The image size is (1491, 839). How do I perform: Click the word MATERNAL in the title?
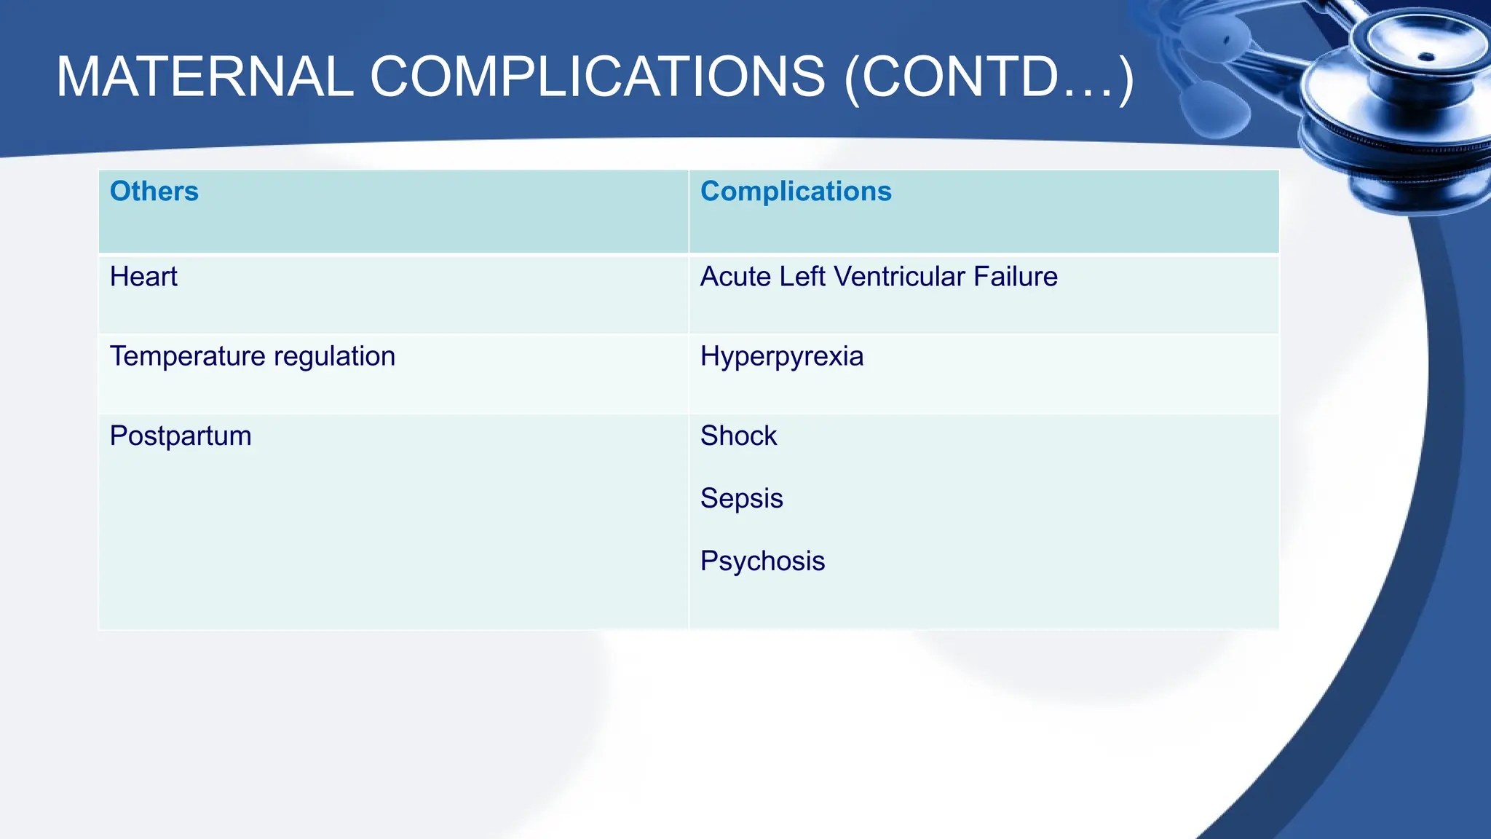[205, 77]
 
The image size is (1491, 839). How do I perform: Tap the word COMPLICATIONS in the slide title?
[598, 77]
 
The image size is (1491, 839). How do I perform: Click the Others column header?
[154, 192]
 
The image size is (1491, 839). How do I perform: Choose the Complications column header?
[796, 192]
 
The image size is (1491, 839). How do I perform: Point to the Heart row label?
[143, 277]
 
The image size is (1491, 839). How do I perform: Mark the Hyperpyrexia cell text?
[782, 357]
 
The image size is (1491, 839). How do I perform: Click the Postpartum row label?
[181, 436]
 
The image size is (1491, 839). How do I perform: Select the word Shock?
[738, 436]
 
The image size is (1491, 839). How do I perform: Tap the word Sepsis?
[741, 499]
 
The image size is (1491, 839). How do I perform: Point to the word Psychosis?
[762, 562]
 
